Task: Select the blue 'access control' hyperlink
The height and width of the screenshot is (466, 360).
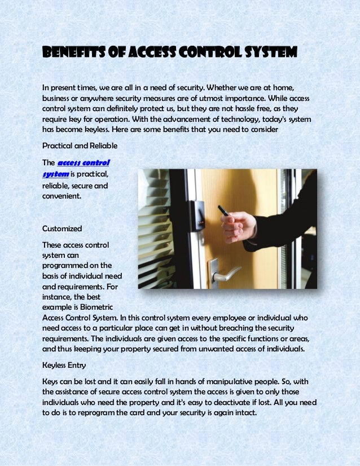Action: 84,163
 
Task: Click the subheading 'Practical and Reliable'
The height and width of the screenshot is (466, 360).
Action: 80,146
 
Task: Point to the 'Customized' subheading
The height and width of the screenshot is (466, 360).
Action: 63,228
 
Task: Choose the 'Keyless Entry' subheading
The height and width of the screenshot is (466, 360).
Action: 64,365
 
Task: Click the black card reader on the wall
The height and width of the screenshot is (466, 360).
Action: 197,217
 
